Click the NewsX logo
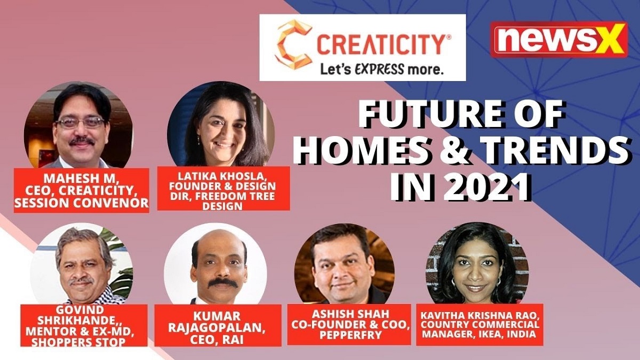[x=559, y=39]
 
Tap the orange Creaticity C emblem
[x=295, y=44]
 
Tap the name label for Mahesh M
[x=82, y=190]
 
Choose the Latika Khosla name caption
[x=223, y=189]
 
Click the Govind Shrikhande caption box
[x=84, y=325]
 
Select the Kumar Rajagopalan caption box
[x=218, y=325]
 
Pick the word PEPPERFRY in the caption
[x=350, y=335]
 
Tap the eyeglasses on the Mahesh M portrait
[x=81, y=123]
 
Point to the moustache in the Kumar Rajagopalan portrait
[x=223, y=283]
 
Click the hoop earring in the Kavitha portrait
[x=454, y=282]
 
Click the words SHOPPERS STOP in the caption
[x=78, y=342]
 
